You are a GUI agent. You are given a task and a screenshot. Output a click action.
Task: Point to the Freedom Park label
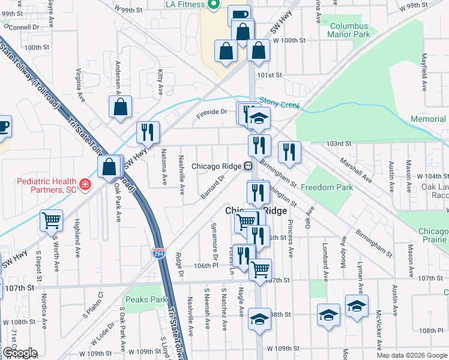tap(327, 188)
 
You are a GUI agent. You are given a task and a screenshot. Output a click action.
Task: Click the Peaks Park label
tap(145, 299)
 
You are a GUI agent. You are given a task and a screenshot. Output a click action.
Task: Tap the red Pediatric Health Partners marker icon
tap(85, 183)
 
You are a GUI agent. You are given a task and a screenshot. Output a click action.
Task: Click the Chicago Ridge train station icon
tap(247, 166)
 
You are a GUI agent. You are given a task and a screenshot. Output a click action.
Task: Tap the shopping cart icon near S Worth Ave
tap(51, 220)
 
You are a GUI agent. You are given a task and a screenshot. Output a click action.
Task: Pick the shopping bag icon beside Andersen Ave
tap(121, 107)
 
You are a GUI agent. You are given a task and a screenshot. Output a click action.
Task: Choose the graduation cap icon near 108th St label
tap(259, 319)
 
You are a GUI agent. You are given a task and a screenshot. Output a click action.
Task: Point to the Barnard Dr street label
tap(212, 185)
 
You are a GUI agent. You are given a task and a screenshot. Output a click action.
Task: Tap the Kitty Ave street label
tap(160, 82)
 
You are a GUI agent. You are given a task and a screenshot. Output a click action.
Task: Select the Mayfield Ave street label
tap(424, 72)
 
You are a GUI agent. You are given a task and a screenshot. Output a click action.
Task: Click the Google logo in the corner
tap(19, 353)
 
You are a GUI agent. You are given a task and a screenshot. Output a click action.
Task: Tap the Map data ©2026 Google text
tap(411, 355)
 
